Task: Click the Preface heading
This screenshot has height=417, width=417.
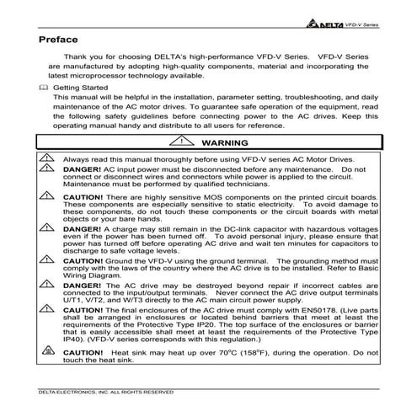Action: [58, 39]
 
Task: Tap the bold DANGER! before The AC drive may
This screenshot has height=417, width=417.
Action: [84, 286]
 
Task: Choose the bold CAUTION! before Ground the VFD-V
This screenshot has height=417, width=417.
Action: [87, 261]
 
